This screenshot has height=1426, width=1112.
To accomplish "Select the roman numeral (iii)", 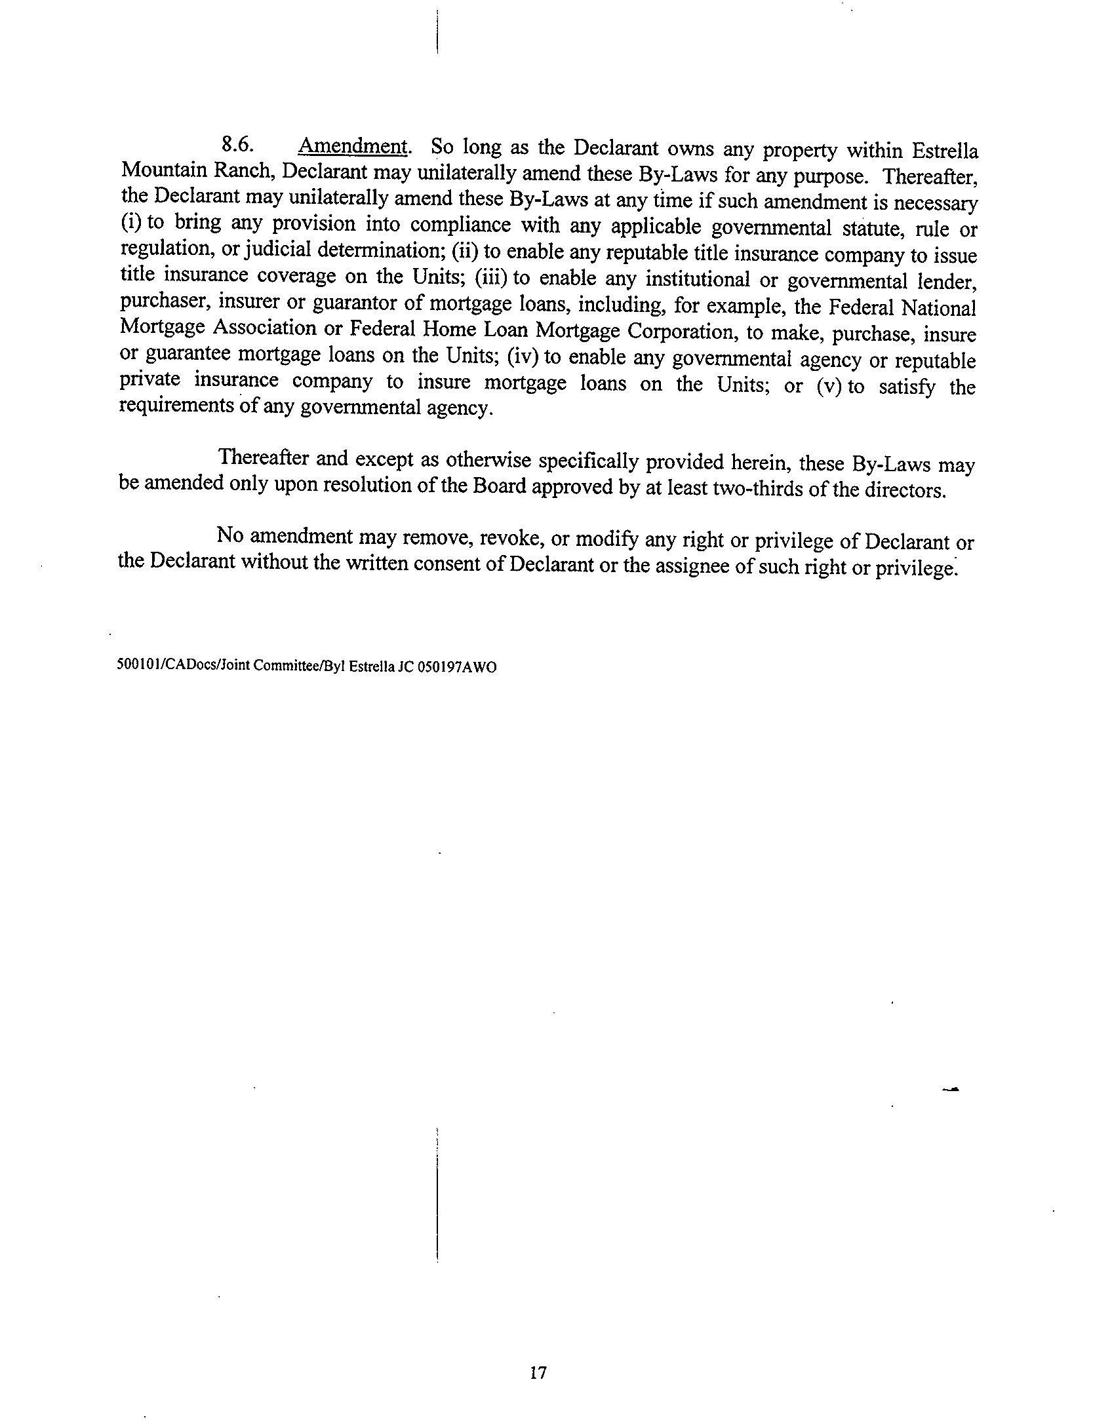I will [x=492, y=278].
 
